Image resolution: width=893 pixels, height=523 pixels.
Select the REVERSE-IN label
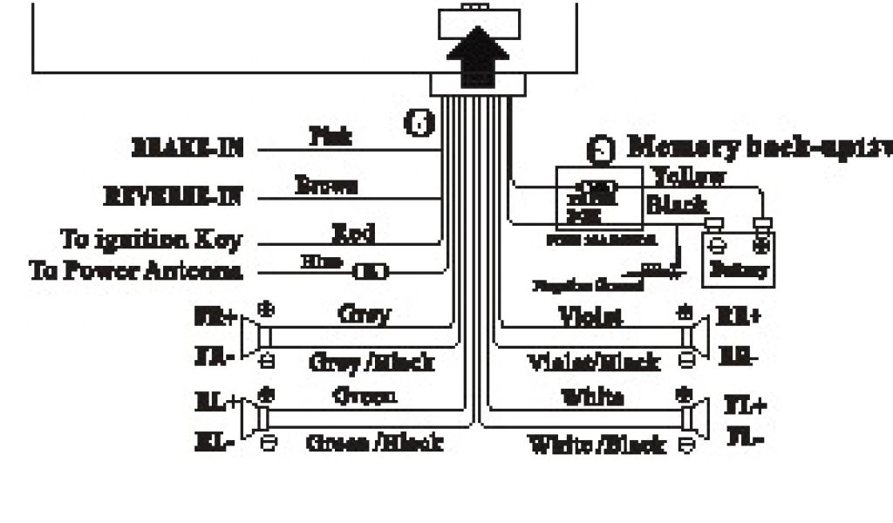coord(172,197)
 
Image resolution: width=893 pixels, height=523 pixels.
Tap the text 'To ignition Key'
coord(151,238)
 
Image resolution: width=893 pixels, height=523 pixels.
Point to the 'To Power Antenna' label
coord(135,270)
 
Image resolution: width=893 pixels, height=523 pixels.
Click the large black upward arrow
coord(478,56)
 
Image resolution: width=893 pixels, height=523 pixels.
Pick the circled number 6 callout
coord(420,123)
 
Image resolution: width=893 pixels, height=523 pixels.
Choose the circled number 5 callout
coord(599,149)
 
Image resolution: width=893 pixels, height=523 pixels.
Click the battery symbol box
coord(738,259)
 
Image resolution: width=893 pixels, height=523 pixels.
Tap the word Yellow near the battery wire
coord(690,177)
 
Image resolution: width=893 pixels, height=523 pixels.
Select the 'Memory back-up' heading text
coord(759,146)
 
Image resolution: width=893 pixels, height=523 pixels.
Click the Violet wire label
coord(590,316)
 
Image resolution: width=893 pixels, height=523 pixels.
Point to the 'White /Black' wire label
coord(598,445)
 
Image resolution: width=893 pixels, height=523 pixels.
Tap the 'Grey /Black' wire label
coord(372,361)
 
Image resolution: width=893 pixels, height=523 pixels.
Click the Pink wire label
coord(331,136)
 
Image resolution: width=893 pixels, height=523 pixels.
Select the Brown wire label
coord(326,185)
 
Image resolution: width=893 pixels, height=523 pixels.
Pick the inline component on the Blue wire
coord(371,272)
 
